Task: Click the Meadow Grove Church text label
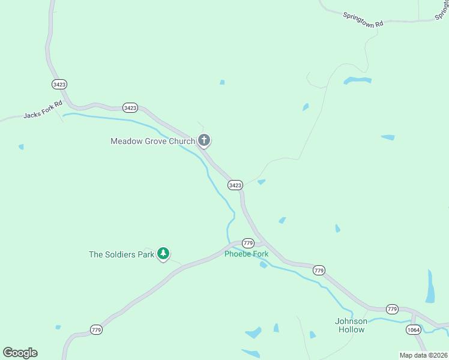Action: click(152, 142)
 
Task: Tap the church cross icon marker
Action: click(204, 141)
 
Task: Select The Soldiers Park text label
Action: click(121, 254)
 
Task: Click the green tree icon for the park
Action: click(163, 254)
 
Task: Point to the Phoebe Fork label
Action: click(246, 254)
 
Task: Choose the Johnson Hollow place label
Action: click(351, 325)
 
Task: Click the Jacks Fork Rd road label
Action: click(43, 109)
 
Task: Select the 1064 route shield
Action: click(413, 330)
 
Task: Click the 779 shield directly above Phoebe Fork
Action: click(249, 243)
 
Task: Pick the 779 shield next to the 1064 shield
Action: click(392, 309)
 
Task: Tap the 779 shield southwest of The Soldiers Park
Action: click(97, 329)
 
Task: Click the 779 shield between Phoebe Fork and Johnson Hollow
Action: click(319, 271)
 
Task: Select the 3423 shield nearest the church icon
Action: click(235, 185)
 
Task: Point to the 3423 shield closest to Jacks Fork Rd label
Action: click(59, 85)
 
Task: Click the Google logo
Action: click(20, 353)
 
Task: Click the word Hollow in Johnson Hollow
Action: click(351, 329)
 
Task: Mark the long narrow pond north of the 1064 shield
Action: click(430, 286)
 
